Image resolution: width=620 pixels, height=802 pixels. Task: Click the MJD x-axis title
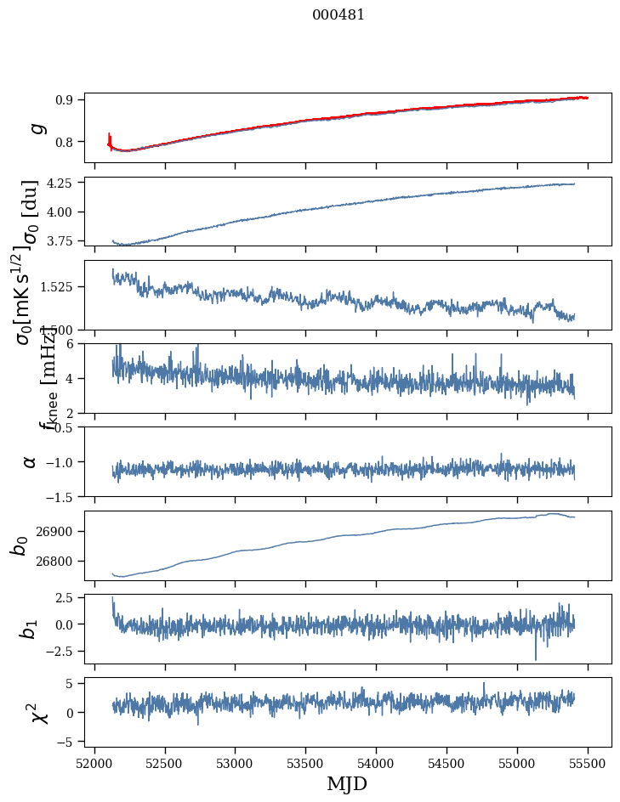click(x=347, y=784)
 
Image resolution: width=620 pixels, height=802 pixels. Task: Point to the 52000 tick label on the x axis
click(x=94, y=763)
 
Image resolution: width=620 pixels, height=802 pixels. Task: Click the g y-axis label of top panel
click(x=36, y=127)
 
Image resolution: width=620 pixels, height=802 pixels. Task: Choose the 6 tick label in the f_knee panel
click(x=75, y=343)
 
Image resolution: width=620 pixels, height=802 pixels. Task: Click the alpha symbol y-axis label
click(x=30, y=461)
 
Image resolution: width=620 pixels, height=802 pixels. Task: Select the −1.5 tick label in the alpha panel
click(x=63, y=496)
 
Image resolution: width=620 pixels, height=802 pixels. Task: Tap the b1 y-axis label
click(x=30, y=629)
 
